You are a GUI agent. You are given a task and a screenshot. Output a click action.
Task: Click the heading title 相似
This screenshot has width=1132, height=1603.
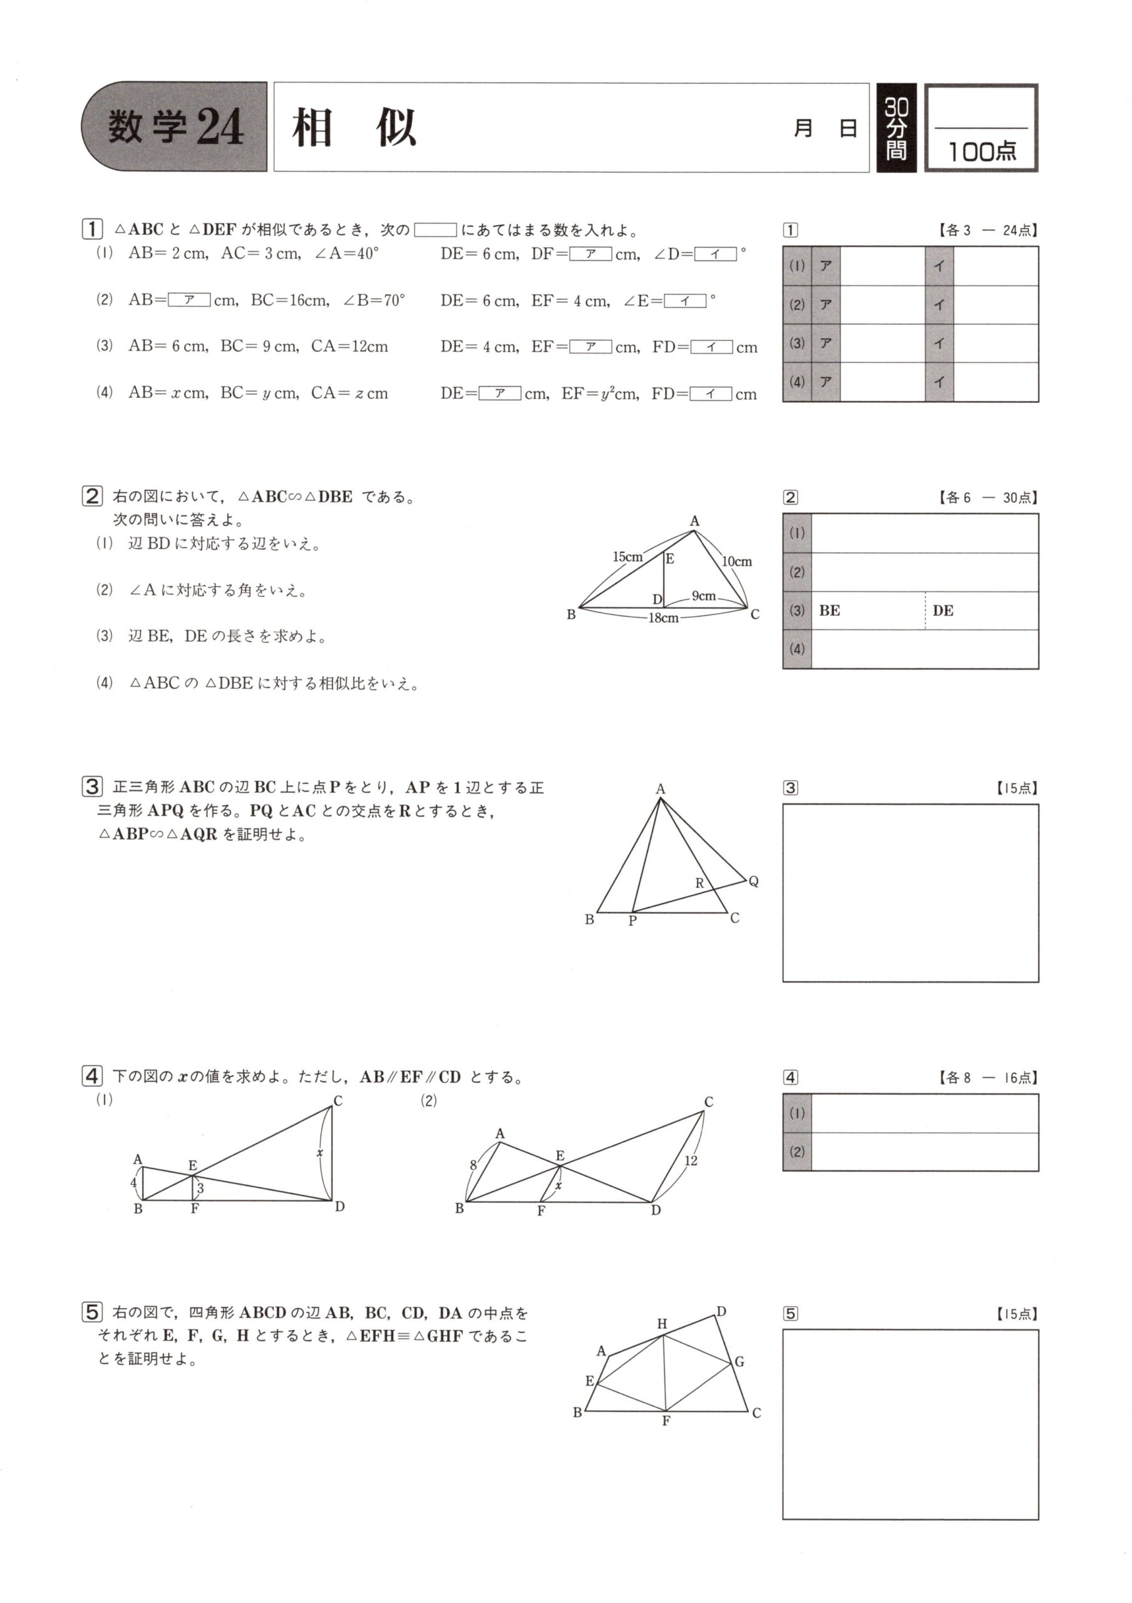coord(354,128)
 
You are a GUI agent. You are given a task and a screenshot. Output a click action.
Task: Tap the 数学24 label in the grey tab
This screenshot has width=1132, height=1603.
coord(175,127)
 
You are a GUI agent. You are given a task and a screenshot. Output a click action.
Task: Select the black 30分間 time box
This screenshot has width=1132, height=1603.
coord(896,128)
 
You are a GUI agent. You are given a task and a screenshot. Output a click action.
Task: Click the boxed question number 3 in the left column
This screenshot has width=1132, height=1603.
coord(92,787)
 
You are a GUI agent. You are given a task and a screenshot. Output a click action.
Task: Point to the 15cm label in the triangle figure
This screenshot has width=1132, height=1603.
coord(627,557)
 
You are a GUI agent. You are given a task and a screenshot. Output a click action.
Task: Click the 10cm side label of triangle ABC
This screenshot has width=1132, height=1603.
coord(736,561)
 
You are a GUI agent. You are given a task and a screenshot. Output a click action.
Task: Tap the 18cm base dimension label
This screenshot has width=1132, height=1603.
coord(662,618)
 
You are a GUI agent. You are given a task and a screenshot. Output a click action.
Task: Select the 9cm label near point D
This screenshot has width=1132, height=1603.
coord(704,595)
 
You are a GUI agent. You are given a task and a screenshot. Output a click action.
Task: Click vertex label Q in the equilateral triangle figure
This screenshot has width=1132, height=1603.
coord(754,881)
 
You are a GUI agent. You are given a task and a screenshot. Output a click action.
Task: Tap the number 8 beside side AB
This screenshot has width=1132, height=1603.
coord(473,1165)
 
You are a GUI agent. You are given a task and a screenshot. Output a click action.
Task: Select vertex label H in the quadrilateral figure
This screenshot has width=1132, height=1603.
coord(662,1324)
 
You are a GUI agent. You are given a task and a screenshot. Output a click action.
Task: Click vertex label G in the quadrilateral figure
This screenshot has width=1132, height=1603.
coord(740,1361)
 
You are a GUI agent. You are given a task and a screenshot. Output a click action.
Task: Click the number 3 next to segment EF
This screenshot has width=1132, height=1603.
coord(200,1188)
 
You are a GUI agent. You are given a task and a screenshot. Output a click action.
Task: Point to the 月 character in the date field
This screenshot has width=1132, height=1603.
coord(803,128)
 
